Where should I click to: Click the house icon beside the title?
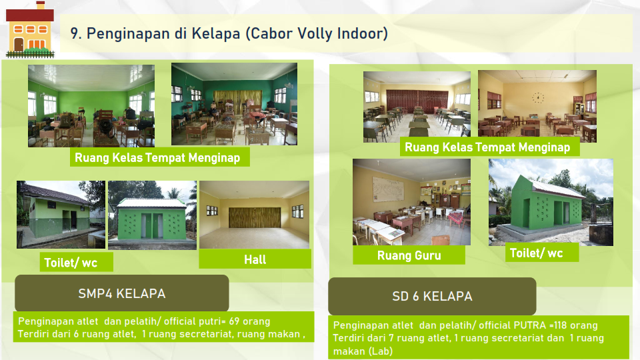pos(30,29)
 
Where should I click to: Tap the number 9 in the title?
pos(75,33)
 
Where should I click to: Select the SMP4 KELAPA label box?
pos(121,293)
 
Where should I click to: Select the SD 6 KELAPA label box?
pos(432,296)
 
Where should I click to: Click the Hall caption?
pos(255,259)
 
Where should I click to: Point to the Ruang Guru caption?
pos(409,255)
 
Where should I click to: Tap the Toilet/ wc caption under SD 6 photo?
pos(536,253)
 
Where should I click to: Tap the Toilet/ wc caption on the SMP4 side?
pos(71,262)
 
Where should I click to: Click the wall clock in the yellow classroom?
pos(538,97)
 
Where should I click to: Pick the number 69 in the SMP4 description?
pos(234,321)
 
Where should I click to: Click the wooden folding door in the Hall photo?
pos(255,217)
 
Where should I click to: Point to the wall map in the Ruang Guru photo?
pos(388,189)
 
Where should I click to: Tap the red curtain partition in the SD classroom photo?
pos(417,102)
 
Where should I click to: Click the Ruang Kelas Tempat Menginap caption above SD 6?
pos(487,147)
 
